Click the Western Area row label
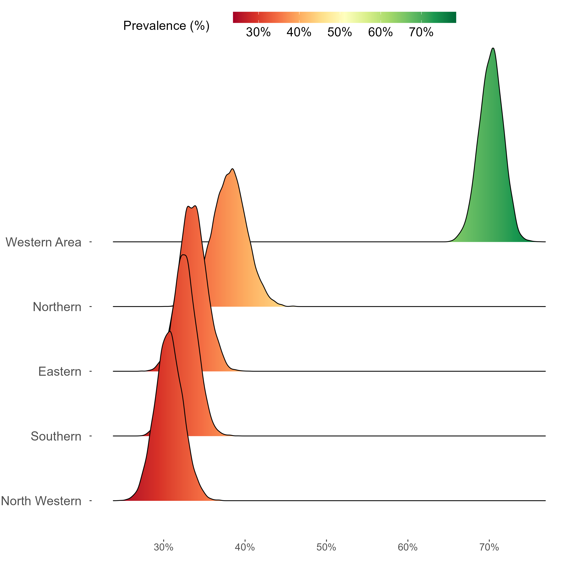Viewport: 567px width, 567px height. point(43,242)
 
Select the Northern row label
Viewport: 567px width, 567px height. point(57,307)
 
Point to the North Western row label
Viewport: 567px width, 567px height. point(41,501)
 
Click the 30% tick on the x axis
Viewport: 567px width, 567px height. point(163,547)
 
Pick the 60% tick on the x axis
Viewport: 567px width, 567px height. point(408,547)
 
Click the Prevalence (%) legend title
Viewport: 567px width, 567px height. point(166,26)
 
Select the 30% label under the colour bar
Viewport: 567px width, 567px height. point(258,32)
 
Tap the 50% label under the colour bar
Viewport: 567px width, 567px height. point(340,32)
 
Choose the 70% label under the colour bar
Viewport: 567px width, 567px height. point(421,32)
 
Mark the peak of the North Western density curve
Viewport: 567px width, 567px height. point(170,332)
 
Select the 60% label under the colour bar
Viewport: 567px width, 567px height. point(380,32)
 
